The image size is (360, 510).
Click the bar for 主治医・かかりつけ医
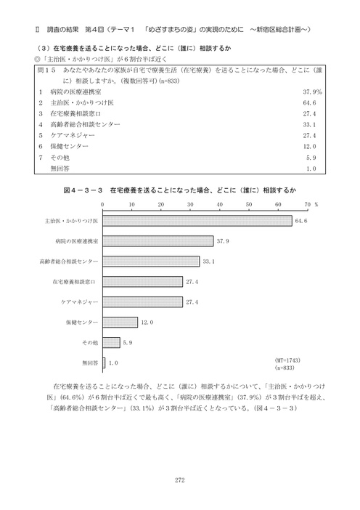point(197,220)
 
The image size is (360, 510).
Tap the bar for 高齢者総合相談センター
point(151,261)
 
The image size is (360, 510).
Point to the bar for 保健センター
point(120,321)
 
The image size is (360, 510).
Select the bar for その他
point(112,341)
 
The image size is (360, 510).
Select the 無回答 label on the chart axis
point(92,362)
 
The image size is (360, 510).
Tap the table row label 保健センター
point(70,146)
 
